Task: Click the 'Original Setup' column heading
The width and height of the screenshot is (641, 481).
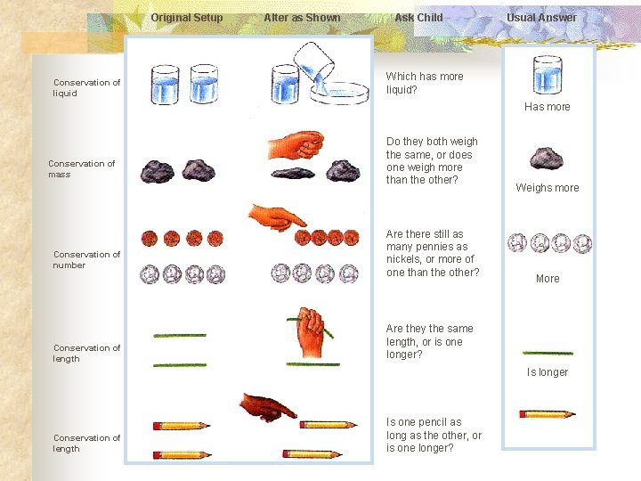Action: pos(186,18)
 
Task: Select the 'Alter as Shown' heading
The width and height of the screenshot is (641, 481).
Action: pos(302,18)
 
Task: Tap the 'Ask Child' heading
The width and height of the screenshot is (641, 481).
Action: pos(418,18)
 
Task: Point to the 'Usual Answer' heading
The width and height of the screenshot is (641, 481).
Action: pos(541,18)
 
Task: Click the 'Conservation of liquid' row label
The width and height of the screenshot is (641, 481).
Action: pos(86,88)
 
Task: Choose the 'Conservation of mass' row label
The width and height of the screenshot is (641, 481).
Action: pos(81,169)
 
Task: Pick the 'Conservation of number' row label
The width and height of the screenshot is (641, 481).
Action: pos(86,260)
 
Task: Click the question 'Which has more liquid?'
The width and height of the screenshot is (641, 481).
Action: pos(424,83)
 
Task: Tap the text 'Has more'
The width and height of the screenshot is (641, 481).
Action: pos(547,107)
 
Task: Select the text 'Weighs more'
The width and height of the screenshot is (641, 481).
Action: pos(547,188)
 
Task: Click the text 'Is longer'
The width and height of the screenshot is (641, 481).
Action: pos(547,372)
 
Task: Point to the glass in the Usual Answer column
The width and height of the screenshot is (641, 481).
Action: pos(547,75)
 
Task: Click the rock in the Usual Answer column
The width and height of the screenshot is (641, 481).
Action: pos(546,159)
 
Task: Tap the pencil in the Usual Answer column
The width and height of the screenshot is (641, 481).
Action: pos(547,413)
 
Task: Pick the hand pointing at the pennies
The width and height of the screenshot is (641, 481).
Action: pos(277,216)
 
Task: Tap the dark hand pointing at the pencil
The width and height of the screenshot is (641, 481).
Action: pos(268,407)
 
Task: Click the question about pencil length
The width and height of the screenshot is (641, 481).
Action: pos(434,435)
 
